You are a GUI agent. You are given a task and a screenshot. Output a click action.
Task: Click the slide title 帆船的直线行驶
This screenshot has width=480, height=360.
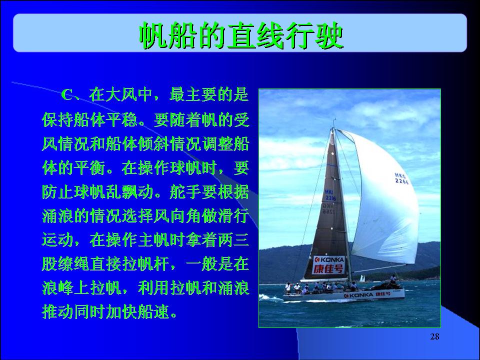(x=241, y=35)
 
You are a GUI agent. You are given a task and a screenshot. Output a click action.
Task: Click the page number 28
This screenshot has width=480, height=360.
(x=434, y=336)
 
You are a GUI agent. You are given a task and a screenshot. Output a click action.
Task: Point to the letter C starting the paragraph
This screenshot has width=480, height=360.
(x=66, y=95)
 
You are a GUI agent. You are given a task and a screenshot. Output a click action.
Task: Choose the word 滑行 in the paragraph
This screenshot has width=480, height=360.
(x=233, y=216)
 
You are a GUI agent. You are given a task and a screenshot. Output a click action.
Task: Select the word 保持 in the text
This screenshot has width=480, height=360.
(x=57, y=119)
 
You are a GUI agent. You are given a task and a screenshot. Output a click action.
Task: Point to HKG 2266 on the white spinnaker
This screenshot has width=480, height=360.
(x=401, y=178)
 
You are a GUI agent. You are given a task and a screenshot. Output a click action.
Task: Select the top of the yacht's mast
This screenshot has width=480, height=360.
(x=334, y=119)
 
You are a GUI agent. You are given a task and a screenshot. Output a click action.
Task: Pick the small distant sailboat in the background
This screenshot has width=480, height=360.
(x=362, y=278)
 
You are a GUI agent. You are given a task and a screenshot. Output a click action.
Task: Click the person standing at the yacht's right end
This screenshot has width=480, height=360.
(x=393, y=279)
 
